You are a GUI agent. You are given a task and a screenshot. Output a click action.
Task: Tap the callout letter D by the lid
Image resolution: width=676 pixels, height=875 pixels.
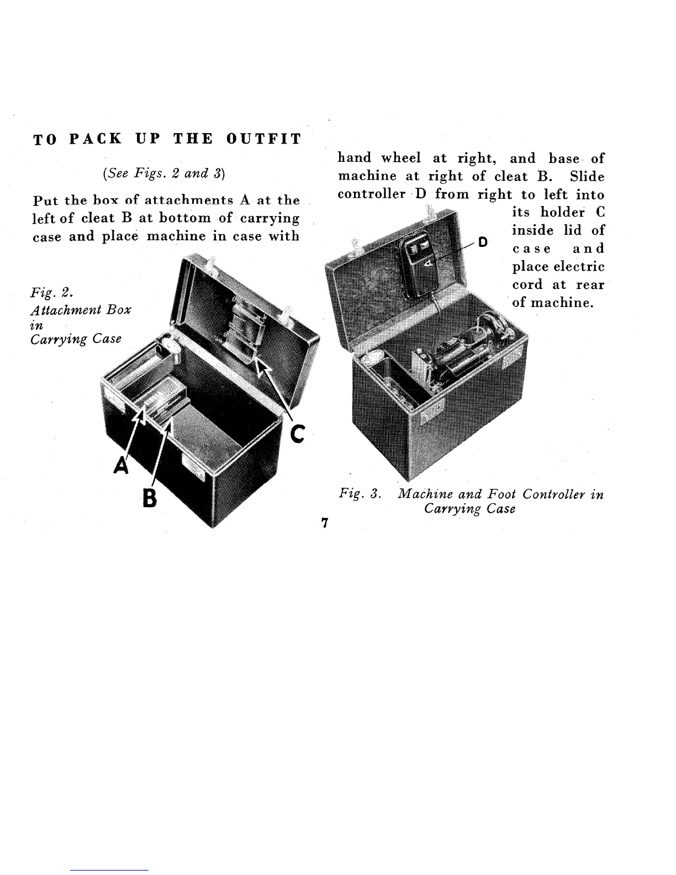pos(483,242)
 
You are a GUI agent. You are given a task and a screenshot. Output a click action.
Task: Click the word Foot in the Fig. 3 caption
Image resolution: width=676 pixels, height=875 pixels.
pos(502,494)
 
